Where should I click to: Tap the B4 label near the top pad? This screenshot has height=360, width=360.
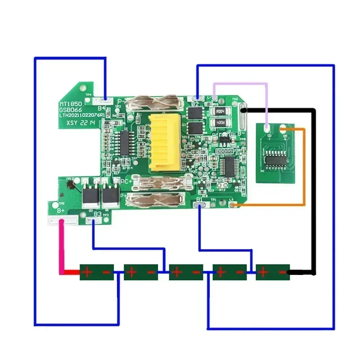(x=102, y=108)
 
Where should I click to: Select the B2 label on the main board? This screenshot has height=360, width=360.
(x=194, y=104)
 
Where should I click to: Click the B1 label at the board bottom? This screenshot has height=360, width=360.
(x=199, y=199)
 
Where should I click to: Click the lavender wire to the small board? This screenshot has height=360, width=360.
(x=241, y=84)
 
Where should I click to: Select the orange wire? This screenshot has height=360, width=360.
(x=305, y=171)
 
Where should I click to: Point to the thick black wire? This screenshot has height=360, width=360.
(x=313, y=189)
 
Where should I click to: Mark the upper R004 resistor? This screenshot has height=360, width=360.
(x=220, y=111)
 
